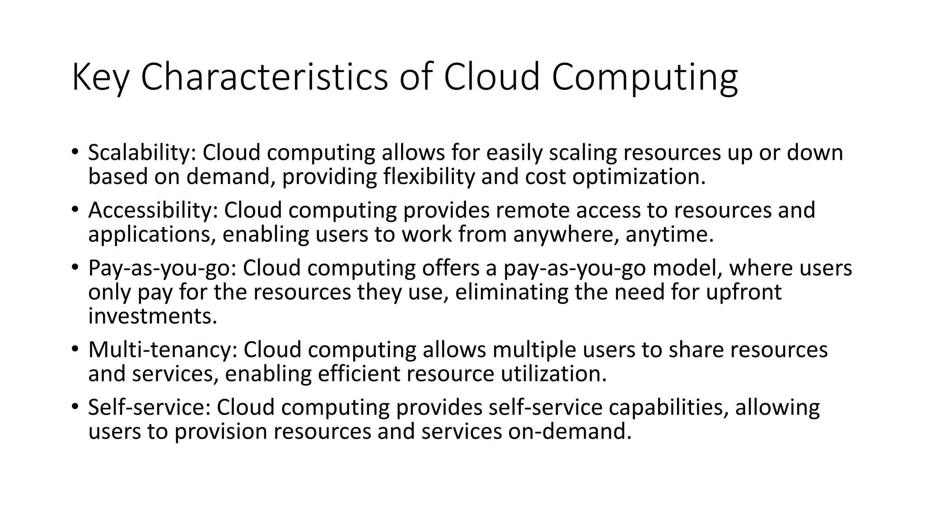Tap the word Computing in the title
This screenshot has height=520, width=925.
coord(645,78)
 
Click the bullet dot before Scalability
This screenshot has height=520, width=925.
coord(75,152)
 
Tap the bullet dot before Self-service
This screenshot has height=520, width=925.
coord(75,407)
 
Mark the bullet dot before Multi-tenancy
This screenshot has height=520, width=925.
coord(75,349)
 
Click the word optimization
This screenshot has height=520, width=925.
coord(638,176)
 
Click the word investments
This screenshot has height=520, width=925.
coord(152,316)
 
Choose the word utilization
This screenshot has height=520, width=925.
coord(553,374)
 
